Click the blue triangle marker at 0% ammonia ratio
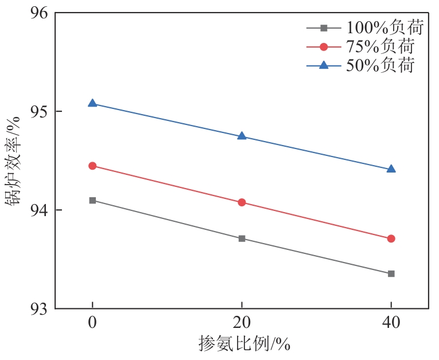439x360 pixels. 92,103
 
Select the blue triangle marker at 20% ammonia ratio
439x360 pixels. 242,136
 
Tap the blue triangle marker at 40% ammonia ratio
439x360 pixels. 391,169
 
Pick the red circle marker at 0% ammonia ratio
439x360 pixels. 92,166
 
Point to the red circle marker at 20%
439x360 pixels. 242,202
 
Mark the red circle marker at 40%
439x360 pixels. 391,238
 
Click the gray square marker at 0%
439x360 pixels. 92,200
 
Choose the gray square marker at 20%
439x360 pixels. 242,238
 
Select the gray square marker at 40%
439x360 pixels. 391,273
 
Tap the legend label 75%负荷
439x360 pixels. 379,46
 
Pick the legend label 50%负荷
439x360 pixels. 379,65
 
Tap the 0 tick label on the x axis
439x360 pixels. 92,323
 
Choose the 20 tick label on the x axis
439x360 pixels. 242,323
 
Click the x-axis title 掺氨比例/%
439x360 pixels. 244,344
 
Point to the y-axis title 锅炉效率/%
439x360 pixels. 13,160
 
